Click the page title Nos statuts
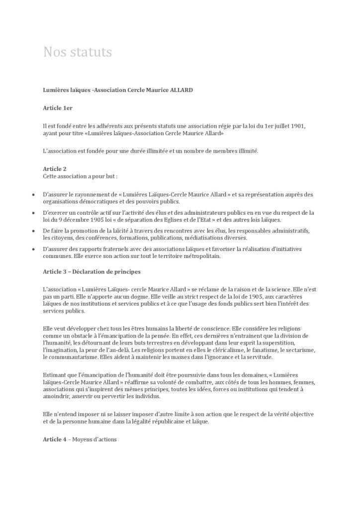pyautogui.click(x=78, y=52)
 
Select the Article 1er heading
pyautogui.click(x=58, y=108)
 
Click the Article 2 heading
pyautogui.click(x=55, y=169)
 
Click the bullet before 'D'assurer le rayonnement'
pyautogui.click(x=33, y=195)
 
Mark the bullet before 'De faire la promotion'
pyautogui.click(x=33, y=231)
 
